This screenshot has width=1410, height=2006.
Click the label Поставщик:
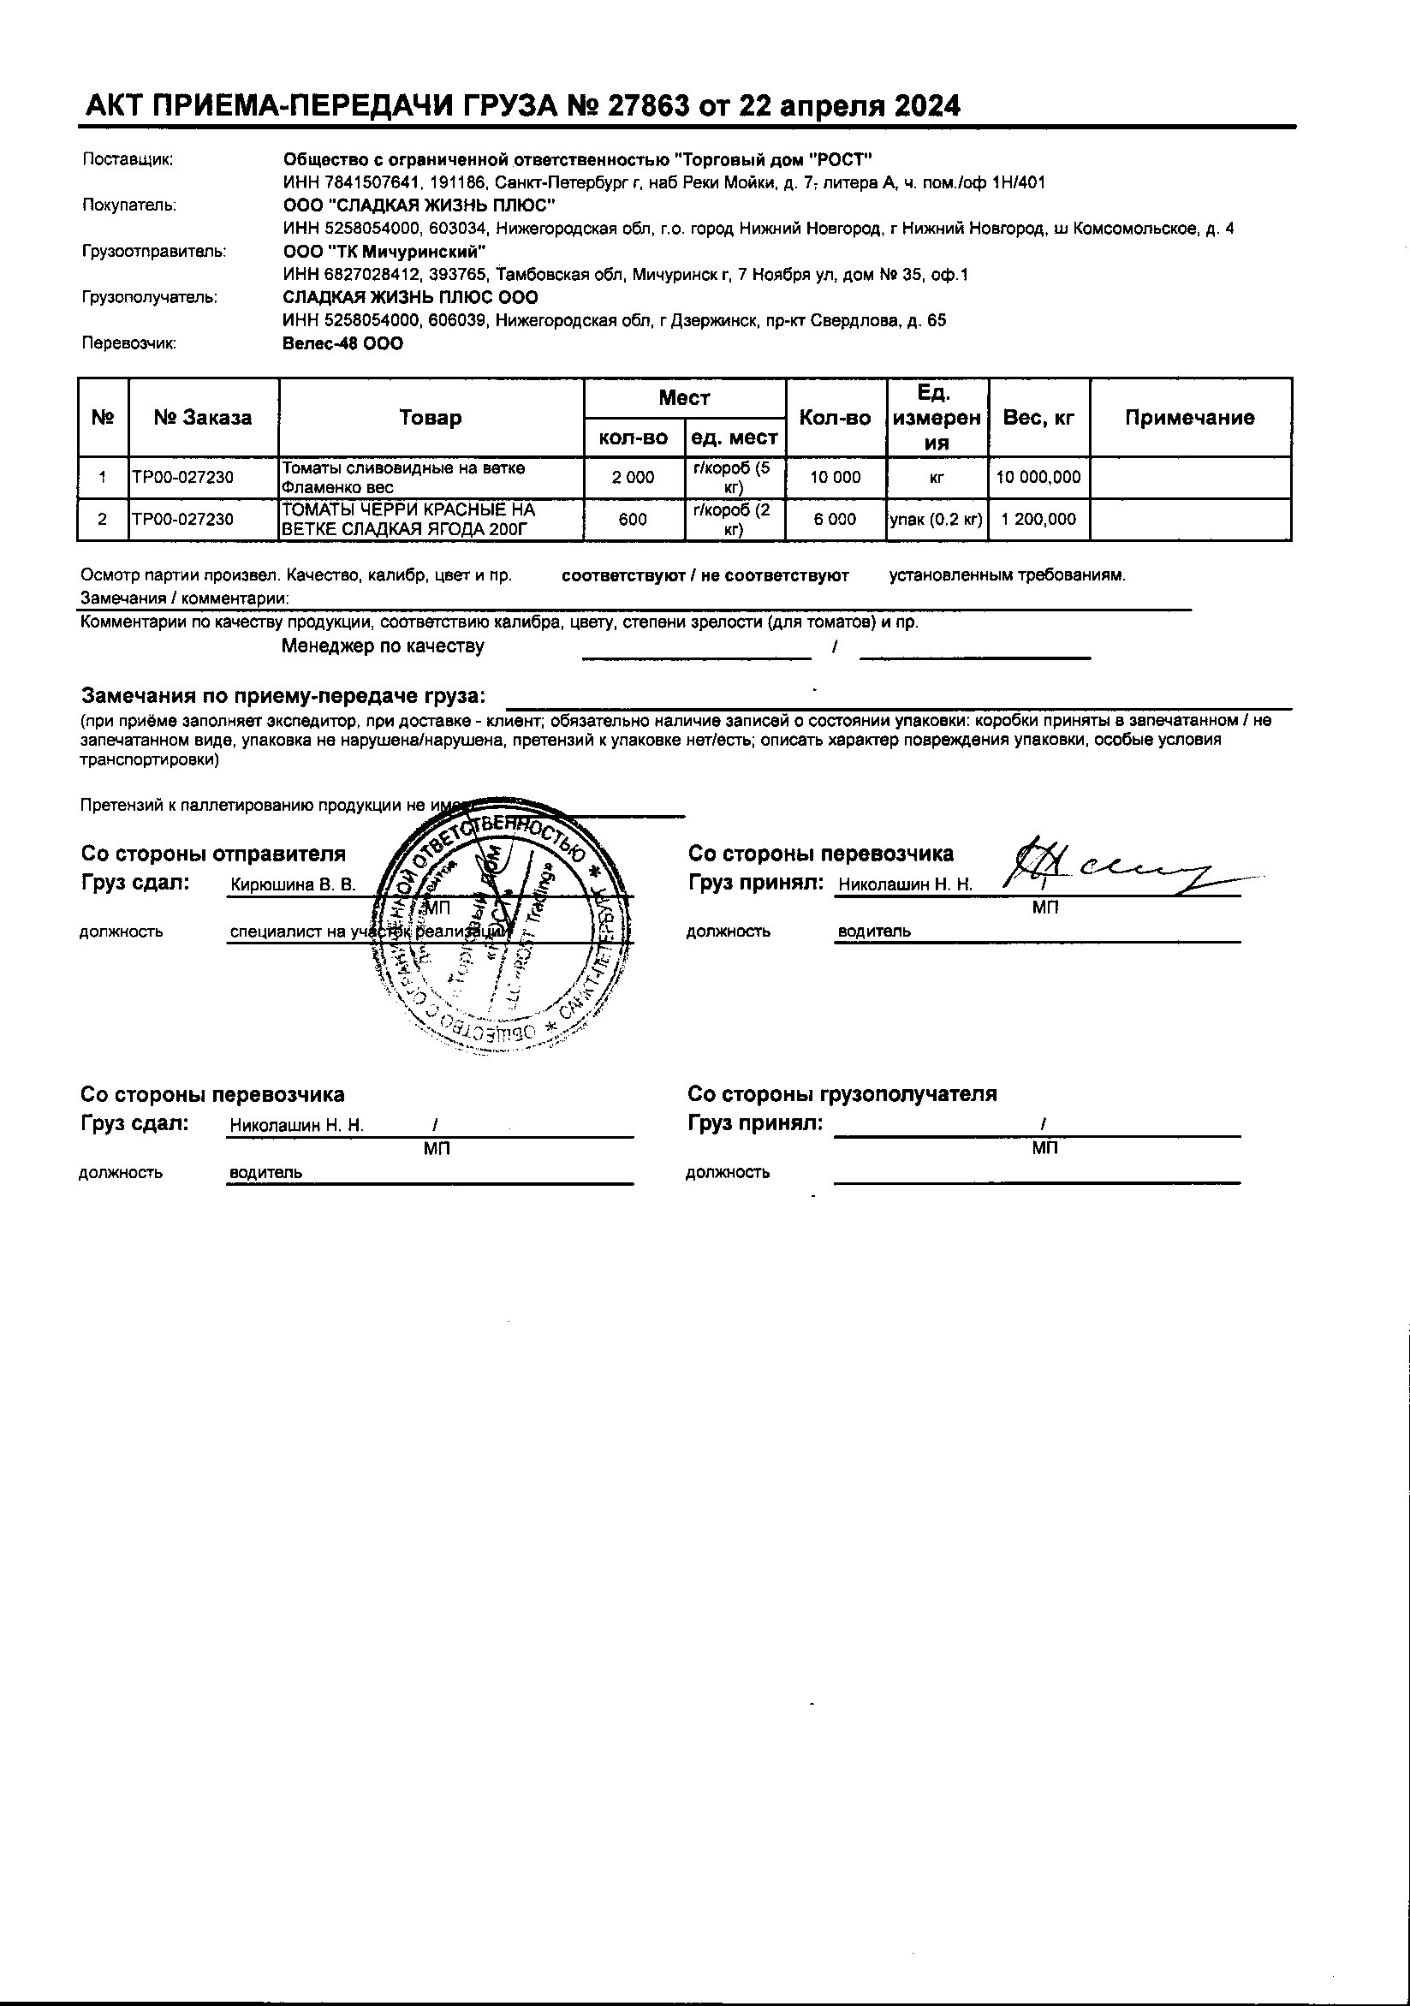[128, 159]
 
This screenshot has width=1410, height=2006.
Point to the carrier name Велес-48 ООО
[343, 344]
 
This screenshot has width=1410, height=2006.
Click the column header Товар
[430, 418]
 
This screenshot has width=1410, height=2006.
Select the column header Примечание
[1189, 418]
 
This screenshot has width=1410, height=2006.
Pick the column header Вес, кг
[1038, 418]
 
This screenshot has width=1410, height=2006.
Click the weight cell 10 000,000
[1038, 478]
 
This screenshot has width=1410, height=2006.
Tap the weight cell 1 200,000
[1038, 520]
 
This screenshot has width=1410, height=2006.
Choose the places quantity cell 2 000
[633, 478]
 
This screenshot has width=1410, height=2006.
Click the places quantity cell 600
[633, 520]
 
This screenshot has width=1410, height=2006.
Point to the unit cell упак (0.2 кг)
[937, 520]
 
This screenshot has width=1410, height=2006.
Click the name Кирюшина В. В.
[293, 885]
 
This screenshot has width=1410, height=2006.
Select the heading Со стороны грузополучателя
[842, 1094]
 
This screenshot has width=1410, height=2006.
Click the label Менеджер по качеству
[383, 646]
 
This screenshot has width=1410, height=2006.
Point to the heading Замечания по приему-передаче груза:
[283, 696]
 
